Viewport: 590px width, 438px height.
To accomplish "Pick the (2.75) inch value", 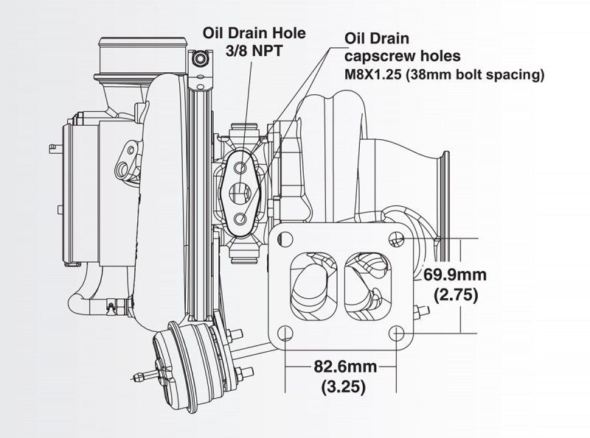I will [456, 296].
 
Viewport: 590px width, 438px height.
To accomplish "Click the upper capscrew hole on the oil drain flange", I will [240, 168].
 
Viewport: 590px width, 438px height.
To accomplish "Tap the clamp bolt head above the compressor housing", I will [201, 57].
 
